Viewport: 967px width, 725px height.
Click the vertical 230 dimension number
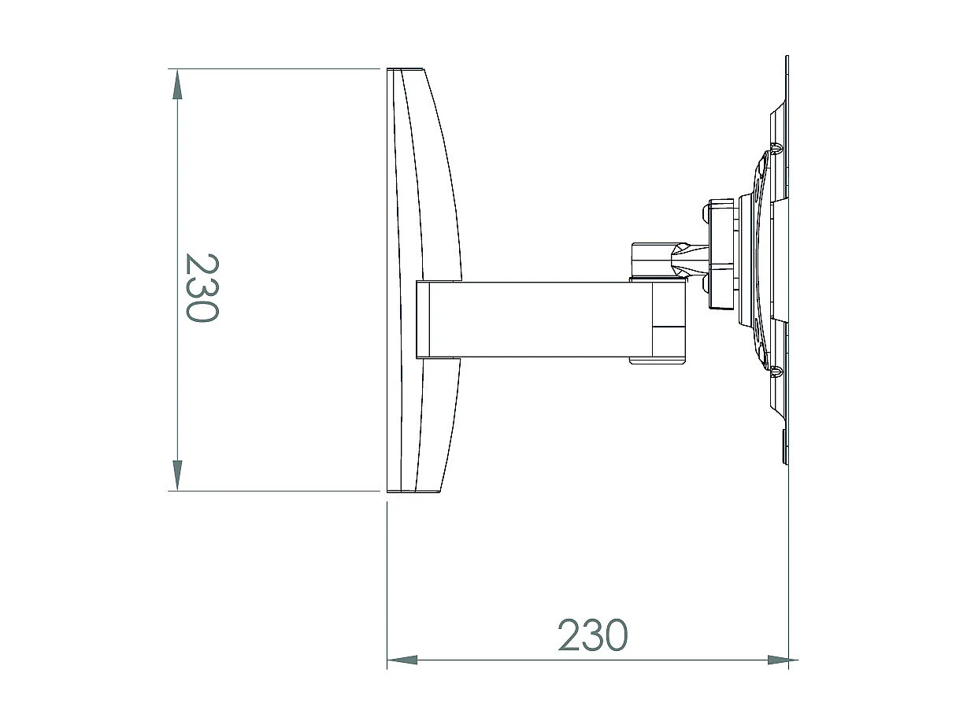[x=200, y=287]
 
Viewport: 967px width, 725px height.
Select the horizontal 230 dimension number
[x=592, y=635]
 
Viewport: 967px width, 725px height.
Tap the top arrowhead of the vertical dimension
[x=178, y=83]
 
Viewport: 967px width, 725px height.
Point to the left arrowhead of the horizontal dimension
[x=402, y=660]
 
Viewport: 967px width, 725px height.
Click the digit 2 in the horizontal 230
[x=570, y=635]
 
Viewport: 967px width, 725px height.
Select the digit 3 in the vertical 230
[x=200, y=287]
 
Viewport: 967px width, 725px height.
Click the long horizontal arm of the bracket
[x=535, y=319]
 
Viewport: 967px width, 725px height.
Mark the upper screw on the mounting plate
[x=776, y=147]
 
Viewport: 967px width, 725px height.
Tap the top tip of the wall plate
[x=787, y=60]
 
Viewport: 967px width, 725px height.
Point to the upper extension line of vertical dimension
[x=276, y=69]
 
